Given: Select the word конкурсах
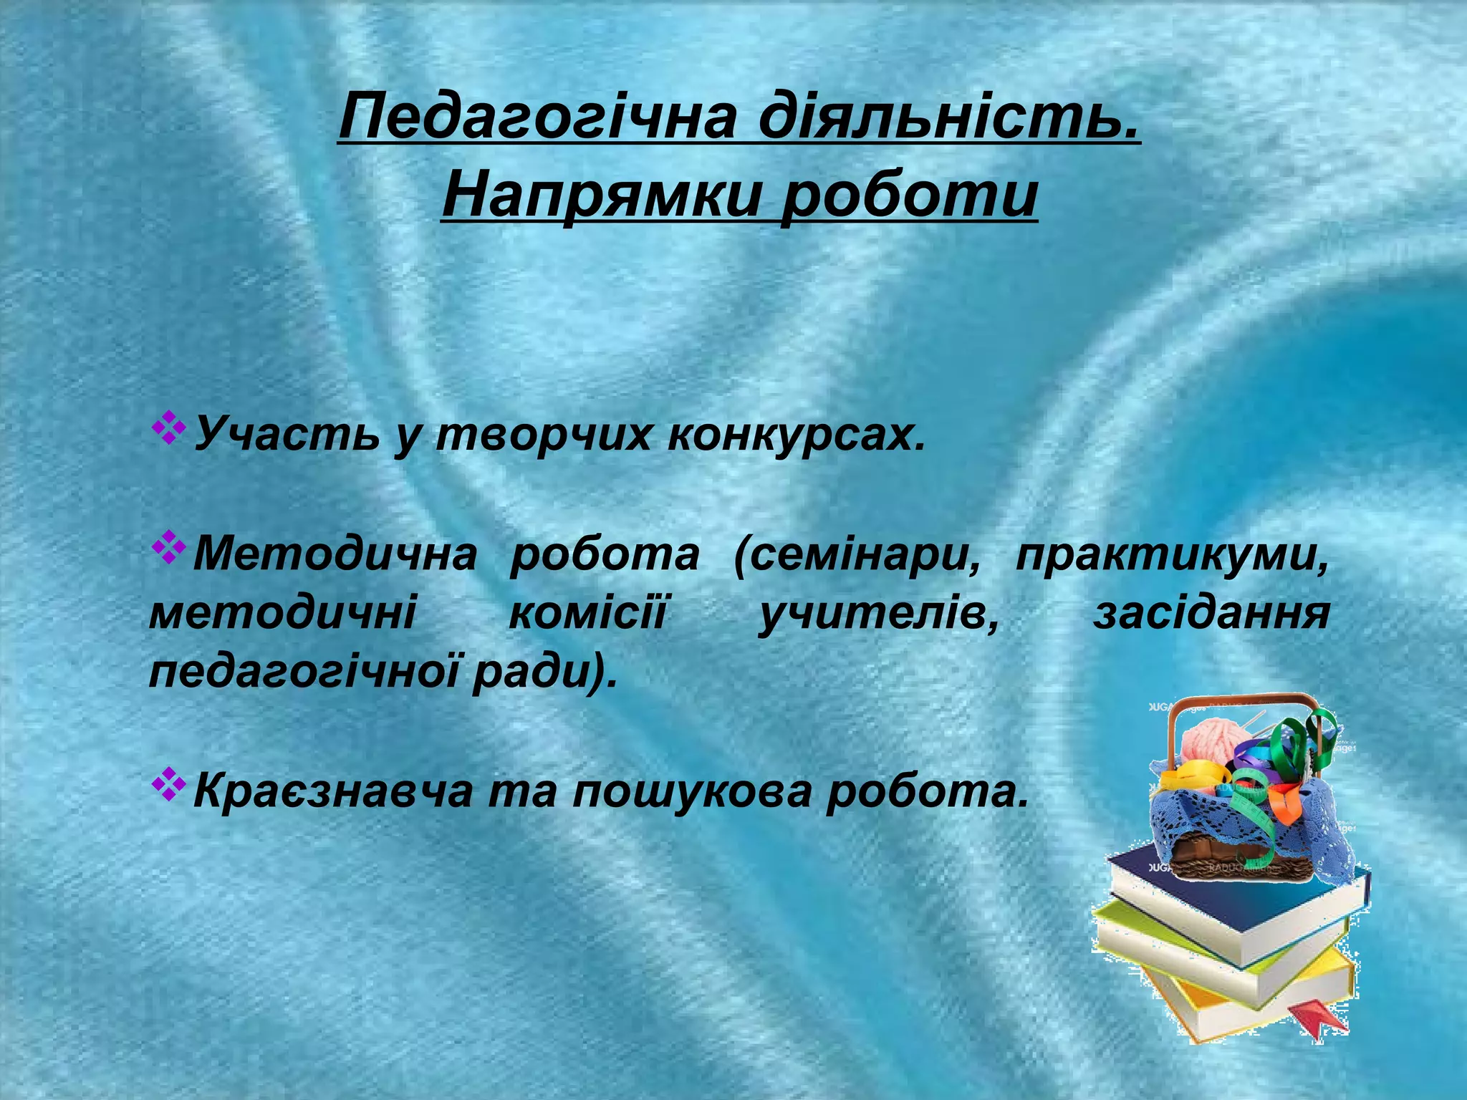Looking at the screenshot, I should point(795,434).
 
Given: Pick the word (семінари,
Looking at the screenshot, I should point(856,554).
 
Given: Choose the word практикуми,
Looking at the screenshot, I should point(1171,554).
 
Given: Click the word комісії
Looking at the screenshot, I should point(587,614).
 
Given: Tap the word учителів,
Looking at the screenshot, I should point(877,614).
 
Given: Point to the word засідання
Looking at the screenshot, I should point(1211,614).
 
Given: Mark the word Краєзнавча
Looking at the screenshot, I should point(333,791).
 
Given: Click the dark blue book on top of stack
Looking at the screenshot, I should point(1218,895).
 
